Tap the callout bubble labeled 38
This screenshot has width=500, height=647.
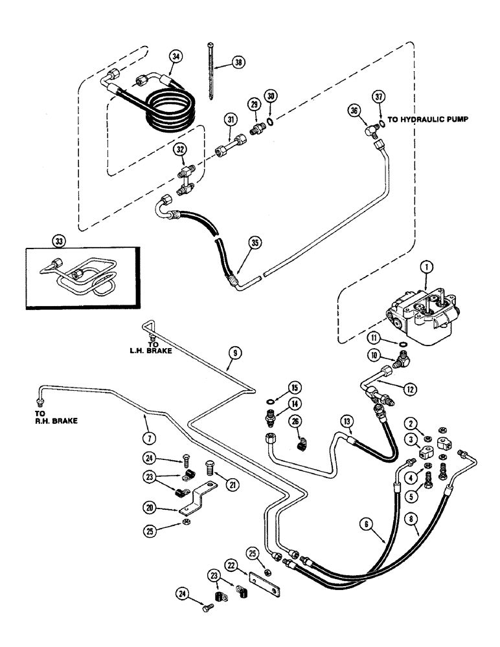pyautogui.click(x=239, y=63)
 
